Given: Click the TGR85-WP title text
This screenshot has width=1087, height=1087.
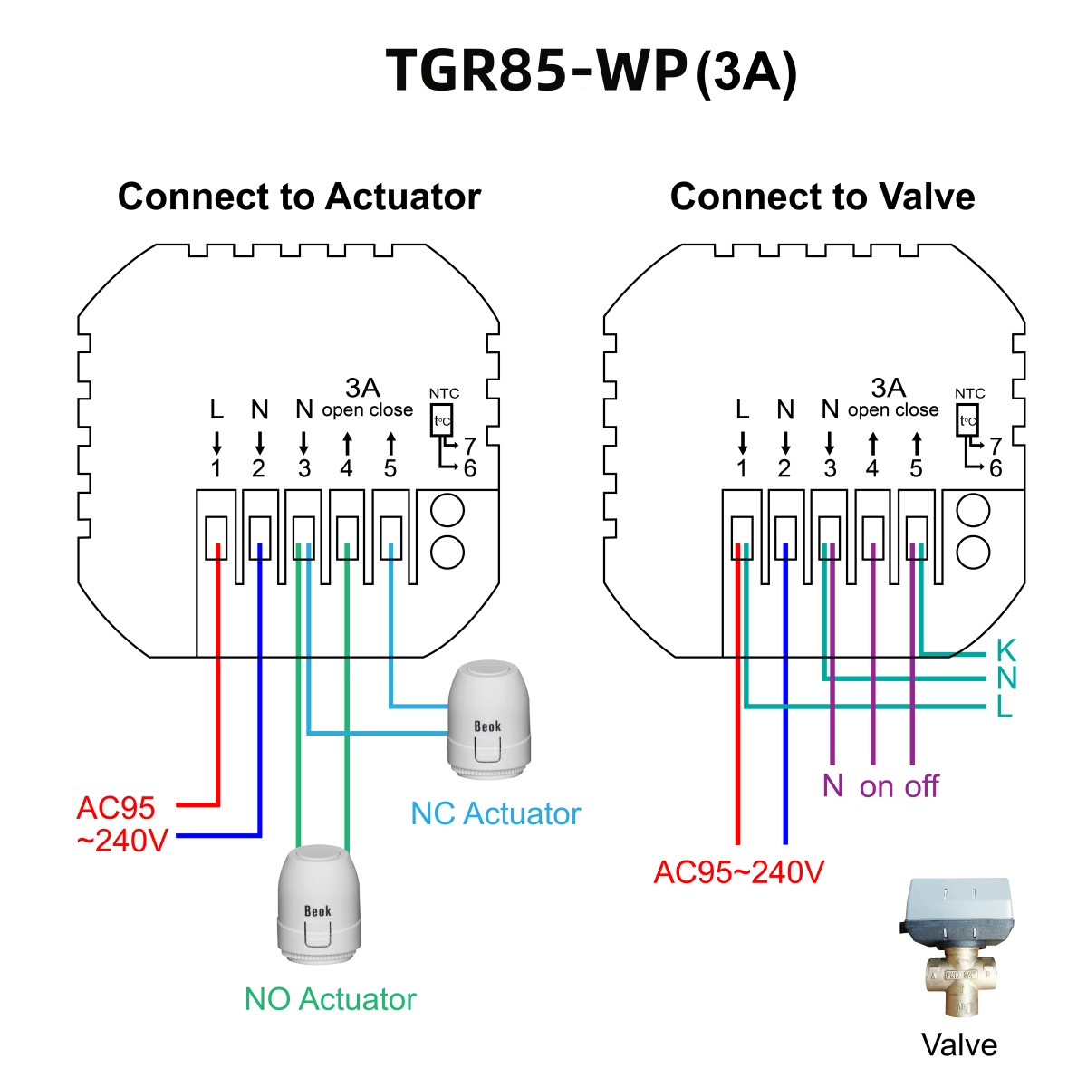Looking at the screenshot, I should click(534, 71).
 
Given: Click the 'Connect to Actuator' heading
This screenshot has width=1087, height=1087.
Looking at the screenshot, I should click(299, 197).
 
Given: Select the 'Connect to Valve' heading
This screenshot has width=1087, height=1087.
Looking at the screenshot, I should click(822, 197).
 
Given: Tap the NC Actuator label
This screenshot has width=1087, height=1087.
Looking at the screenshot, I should click(495, 813).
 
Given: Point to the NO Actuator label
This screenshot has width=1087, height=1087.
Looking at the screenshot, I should click(330, 999).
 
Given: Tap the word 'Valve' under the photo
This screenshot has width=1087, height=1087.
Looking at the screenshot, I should click(958, 1044).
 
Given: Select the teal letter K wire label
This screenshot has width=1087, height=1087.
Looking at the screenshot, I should click(1005, 650).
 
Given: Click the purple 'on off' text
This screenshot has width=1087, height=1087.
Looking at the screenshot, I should click(899, 786).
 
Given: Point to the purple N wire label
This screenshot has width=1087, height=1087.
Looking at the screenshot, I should click(832, 785).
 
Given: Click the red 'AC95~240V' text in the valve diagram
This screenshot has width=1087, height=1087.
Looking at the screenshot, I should click(739, 871).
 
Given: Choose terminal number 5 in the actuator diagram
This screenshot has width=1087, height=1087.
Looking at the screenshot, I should click(390, 468).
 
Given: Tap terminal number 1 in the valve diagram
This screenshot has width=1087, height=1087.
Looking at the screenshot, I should click(742, 468).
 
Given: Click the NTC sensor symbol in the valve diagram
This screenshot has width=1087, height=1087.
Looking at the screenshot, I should click(968, 420).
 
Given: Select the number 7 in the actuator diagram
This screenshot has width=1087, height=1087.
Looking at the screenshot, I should click(469, 446).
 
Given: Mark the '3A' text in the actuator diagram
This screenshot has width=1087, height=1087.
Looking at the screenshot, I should click(362, 388).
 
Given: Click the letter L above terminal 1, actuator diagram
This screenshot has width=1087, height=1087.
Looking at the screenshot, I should click(216, 410).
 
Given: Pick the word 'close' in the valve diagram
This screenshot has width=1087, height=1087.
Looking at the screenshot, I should click(918, 410).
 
